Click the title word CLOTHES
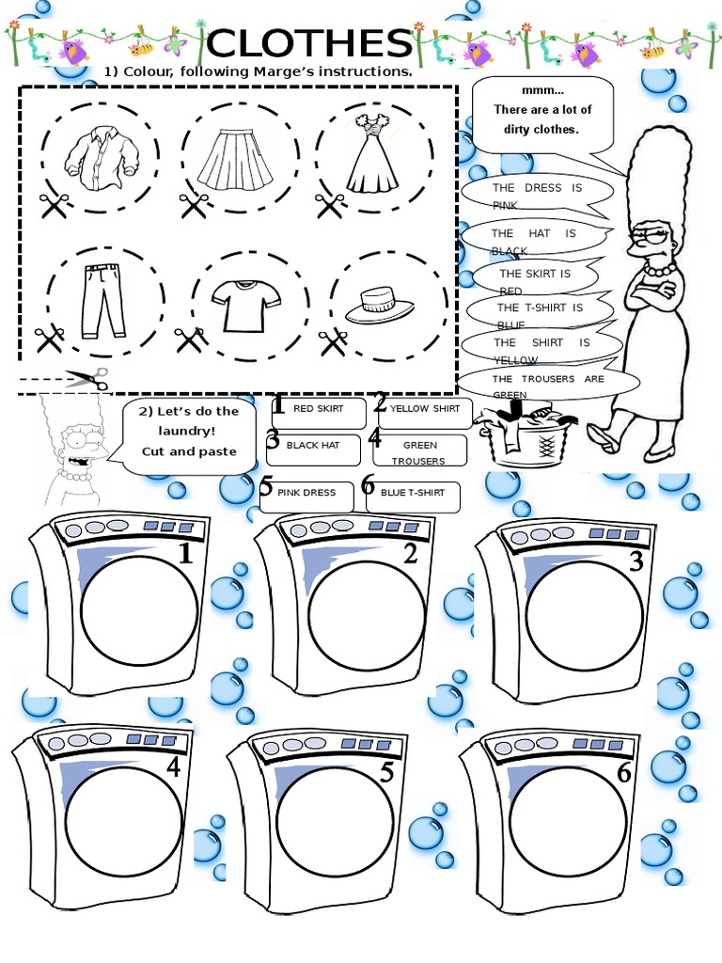309,43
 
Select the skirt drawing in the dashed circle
233,155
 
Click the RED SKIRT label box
317,409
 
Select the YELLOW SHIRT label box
425,409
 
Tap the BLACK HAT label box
313,446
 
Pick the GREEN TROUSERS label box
419,451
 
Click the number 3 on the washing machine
636,561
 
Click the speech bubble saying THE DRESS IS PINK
537,196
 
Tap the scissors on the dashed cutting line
86,379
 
